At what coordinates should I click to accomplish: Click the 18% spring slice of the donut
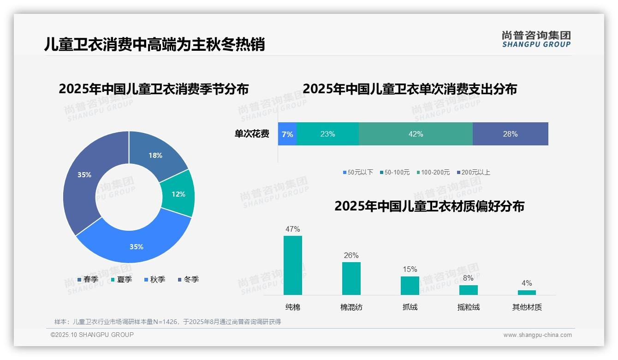click(x=155, y=155)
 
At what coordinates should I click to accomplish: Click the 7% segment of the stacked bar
click(x=287, y=134)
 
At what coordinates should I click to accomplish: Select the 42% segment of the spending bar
click(x=416, y=134)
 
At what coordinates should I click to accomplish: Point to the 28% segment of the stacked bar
click(x=510, y=134)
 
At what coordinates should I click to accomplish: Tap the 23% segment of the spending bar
click(x=327, y=134)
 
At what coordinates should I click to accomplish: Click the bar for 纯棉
click(x=292, y=265)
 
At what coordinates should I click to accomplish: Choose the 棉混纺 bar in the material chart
click(x=351, y=278)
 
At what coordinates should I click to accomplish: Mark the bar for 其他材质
click(x=527, y=292)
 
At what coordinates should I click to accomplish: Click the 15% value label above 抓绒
click(x=410, y=269)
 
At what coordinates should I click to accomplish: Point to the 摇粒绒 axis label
click(x=468, y=307)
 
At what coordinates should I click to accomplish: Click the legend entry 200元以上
click(x=475, y=172)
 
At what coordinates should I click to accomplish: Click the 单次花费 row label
click(x=252, y=134)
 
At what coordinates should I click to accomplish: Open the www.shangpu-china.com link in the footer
click(x=537, y=335)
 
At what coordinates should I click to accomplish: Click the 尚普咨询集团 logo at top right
click(x=536, y=39)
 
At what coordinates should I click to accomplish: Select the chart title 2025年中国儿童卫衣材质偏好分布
click(x=429, y=206)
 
